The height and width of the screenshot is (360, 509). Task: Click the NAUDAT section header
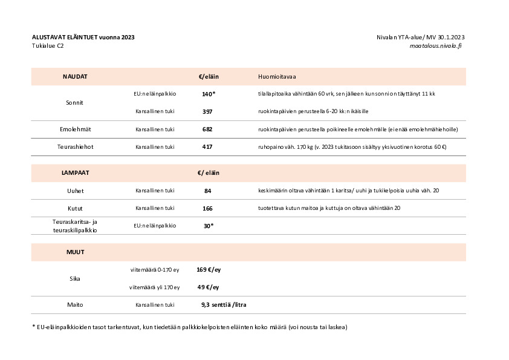(x=75, y=77)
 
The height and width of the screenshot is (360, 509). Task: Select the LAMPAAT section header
(x=75, y=173)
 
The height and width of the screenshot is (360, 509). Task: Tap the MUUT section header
(x=75, y=252)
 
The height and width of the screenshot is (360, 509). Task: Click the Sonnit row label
(x=74, y=103)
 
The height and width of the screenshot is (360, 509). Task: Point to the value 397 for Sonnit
(x=208, y=112)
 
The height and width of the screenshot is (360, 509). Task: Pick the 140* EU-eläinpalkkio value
(x=209, y=94)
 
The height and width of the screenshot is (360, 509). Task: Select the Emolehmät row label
(x=75, y=129)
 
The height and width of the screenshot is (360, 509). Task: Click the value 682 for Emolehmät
(x=208, y=129)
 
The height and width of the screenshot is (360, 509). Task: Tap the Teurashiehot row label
(x=75, y=147)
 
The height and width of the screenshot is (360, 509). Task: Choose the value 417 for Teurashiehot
(x=208, y=147)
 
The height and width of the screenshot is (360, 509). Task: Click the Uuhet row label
(x=75, y=191)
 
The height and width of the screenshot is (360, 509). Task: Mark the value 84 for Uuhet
(x=208, y=191)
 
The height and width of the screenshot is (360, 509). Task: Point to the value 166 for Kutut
(x=208, y=208)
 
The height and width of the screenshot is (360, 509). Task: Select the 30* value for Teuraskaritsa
(x=209, y=226)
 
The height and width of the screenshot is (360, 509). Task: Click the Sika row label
(x=75, y=279)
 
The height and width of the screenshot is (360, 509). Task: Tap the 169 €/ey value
(x=208, y=270)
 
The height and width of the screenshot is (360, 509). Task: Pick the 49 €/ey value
(x=208, y=287)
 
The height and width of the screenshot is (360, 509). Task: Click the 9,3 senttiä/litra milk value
(x=224, y=305)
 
